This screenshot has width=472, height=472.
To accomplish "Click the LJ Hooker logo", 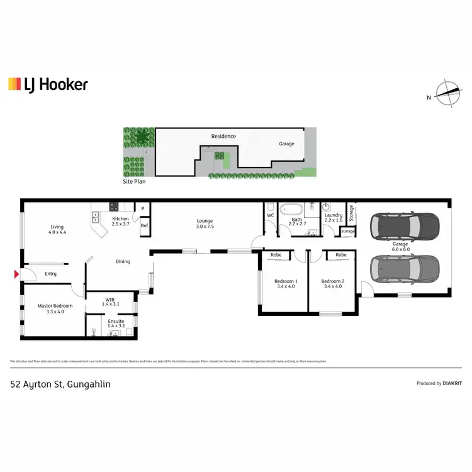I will pos(48,84).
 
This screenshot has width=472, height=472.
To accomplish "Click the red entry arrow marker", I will pos(16,274).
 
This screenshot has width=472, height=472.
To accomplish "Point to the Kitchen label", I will pos(120,222).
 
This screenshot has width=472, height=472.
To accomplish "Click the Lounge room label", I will pos(205,223).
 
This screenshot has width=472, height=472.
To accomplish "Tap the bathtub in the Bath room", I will pos(293,210).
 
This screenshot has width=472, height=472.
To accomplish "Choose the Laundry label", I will pos(333,218).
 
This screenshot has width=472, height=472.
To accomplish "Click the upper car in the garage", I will pos(405,225).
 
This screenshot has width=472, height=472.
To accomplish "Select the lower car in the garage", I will pos(405,269).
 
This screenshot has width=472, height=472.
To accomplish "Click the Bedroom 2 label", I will pos(332,284).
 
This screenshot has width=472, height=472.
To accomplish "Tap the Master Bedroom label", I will pos(55,308).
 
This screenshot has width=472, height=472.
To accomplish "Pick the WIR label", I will pos(110,301).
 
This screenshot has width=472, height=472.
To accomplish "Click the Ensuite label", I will pos(116,323).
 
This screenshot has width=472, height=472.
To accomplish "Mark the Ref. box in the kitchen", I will pos(144,225).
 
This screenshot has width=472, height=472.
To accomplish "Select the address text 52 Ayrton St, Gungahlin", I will pos(60,383).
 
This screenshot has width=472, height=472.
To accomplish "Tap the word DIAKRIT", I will pos(452,383).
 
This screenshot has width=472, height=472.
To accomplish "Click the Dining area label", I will pos(122,261).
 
